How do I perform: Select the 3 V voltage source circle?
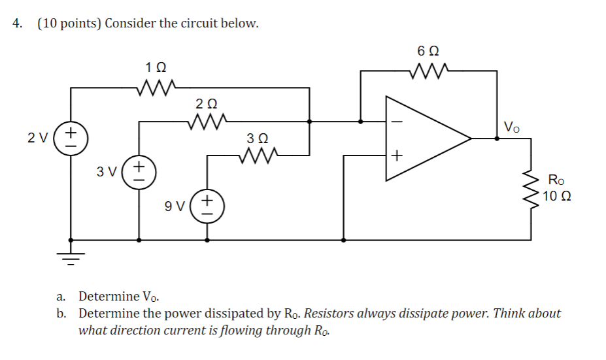click(139, 172)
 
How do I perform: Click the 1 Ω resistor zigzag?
click(156, 86)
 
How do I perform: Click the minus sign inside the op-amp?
click(397, 121)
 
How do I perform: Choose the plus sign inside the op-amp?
click(397, 155)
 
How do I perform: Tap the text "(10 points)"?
click(69, 24)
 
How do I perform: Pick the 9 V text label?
click(175, 207)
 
